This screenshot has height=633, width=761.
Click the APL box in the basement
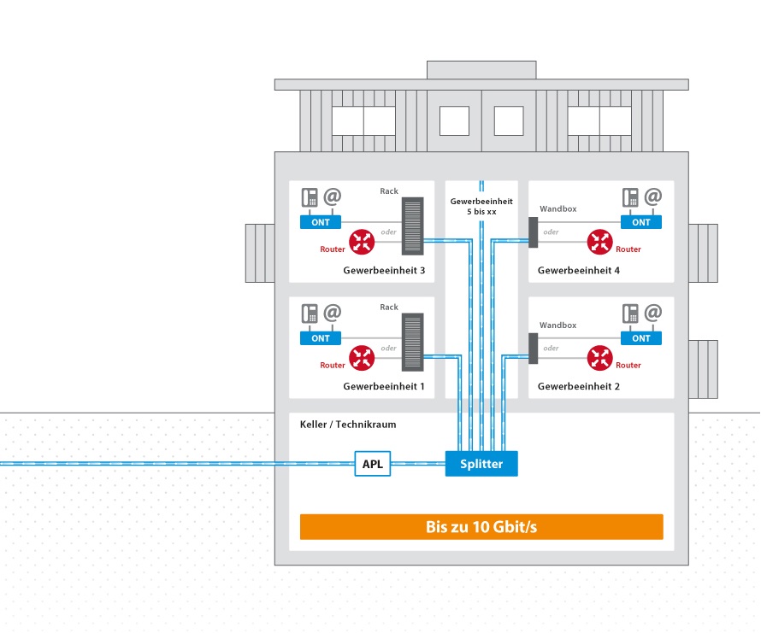(x=373, y=465)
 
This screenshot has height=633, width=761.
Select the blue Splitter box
(x=481, y=464)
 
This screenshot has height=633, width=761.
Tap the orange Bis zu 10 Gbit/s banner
(x=481, y=527)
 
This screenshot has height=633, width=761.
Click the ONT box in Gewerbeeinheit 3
(x=321, y=222)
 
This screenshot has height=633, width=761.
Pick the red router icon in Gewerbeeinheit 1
(x=363, y=358)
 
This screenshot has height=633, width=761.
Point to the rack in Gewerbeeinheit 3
(x=412, y=226)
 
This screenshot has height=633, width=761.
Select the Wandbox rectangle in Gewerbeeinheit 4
(x=533, y=232)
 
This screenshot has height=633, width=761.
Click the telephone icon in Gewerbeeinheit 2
(x=631, y=314)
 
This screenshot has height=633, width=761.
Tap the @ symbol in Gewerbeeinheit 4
(x=653, y=196)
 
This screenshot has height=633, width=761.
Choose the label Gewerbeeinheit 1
(x=384, y=387)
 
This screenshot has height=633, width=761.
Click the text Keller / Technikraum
(x=348, y=425)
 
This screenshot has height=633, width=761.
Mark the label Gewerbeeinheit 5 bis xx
(x=481, y=206)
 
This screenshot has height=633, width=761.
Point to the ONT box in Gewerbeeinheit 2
(x=641, y=338)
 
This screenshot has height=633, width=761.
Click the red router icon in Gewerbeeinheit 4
(x=600, y=242)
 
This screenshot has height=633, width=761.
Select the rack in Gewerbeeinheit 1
(x=412, y=343)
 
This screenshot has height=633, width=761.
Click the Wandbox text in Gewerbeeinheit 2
(x=557, y=325)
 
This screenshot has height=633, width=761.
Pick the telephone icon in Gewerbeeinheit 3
(x=310, y=197)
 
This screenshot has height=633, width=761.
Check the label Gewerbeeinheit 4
(x=578, y=271)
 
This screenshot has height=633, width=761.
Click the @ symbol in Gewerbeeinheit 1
(x=332, y=313)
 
